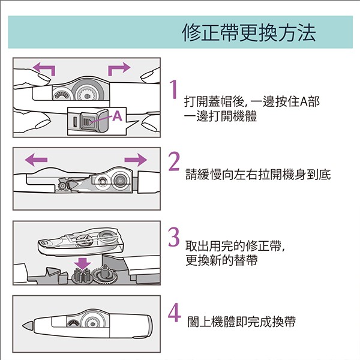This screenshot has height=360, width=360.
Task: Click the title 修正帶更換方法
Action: pos(248,32)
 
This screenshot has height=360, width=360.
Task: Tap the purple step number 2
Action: pos(175,163)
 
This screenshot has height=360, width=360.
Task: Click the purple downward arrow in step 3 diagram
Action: pos(82,263)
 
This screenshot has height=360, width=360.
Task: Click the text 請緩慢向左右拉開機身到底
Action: pos(258,174)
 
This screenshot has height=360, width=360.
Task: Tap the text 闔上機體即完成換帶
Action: pos(240,323)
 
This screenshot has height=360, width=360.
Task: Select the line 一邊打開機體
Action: pos(221,116)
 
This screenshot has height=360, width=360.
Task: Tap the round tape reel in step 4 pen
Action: pos(92,323)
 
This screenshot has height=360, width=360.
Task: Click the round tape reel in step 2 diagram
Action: pos(120,179)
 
